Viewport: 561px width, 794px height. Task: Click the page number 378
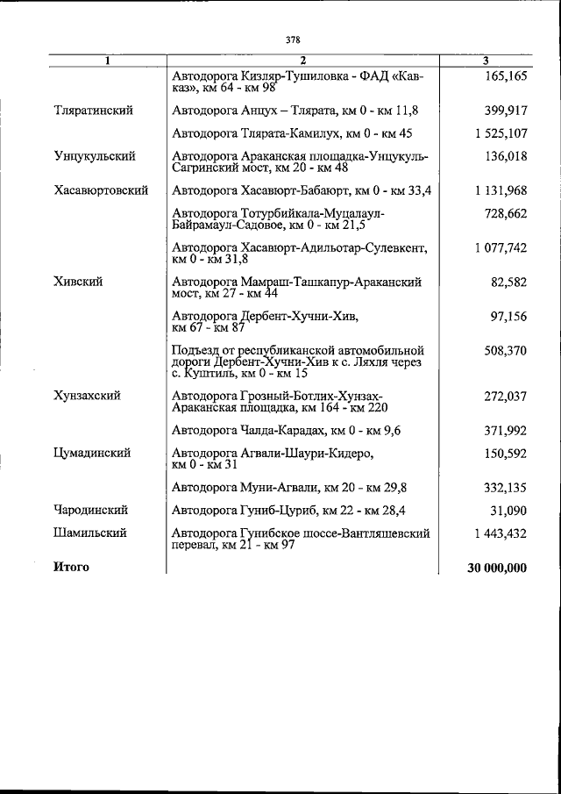click(x=293, y=39)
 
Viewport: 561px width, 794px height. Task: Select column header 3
click(x=486, y=60)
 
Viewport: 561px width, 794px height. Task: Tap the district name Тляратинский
click(x=93, y=111)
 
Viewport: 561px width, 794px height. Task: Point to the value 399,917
click(x=505, y=111)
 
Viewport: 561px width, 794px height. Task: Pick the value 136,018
click(x=505, y=157)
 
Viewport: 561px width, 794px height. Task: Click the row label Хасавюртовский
click(x=100, y=190)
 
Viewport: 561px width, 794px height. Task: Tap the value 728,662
click(x=505, y=213)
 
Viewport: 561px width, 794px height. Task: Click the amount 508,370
click(x=505, y=351)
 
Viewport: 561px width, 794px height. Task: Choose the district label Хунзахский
click(x=86, y=396)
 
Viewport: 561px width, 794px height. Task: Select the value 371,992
click(x=505, y=430)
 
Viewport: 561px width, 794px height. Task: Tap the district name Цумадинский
click(x=92, y=454)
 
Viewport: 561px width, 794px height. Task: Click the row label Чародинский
click(x=91, y=510)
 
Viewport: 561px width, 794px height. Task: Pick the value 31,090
click(x=508, y=510)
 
